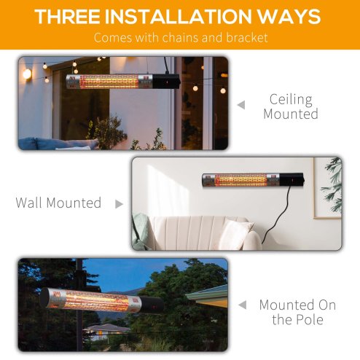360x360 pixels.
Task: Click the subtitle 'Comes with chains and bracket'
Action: [180, 37]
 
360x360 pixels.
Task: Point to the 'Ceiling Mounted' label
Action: [291, 106]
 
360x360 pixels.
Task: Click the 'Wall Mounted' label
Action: [58, 203]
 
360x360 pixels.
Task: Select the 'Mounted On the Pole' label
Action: [297, 313]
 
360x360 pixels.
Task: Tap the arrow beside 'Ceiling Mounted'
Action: [241, 105]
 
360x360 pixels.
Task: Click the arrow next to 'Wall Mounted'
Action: [119, 204]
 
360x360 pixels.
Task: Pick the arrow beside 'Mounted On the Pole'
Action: [243, 305]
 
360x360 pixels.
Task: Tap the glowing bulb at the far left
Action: [27, 73]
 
